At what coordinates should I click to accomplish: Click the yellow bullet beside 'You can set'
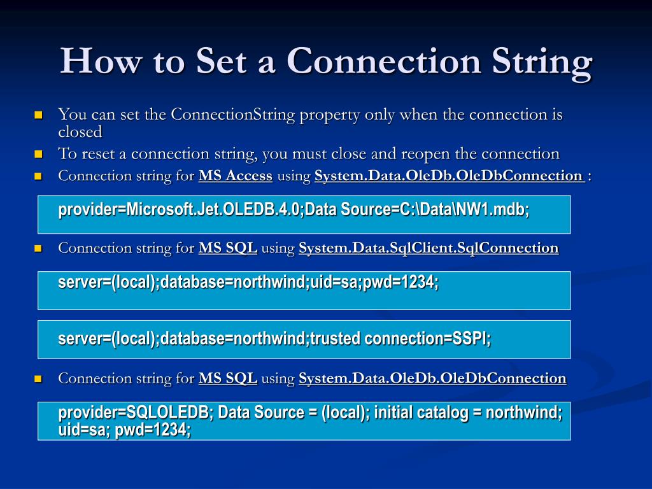tap(38, 115)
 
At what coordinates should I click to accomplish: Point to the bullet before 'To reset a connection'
tap(38, 154)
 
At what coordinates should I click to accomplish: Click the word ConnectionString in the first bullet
tap(234, 115)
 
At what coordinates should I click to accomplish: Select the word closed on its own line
tap(80, 132)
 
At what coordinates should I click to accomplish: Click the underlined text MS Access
tap(235, 176)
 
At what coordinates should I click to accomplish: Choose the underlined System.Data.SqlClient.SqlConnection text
tap(429, 248)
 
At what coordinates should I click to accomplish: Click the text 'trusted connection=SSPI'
tap(400, 339)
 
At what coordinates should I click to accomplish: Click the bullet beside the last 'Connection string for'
tap(38, 379)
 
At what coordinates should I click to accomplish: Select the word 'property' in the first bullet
tap(329, 115)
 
